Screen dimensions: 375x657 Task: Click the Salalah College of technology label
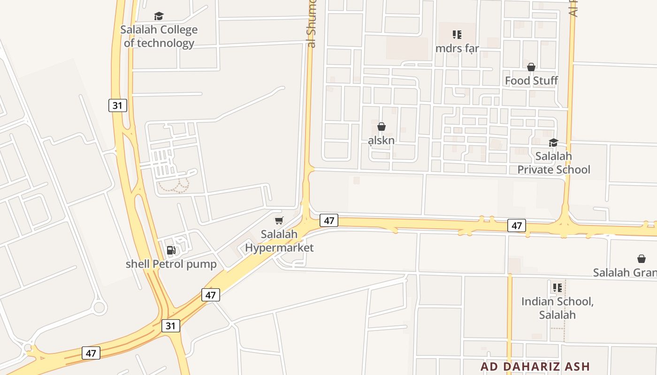[x=159, y=37]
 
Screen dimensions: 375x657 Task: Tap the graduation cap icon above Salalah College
[x=159, y=16]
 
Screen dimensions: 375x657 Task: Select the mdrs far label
[x=457, y=48]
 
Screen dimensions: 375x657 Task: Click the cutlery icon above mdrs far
[x=457, y=34]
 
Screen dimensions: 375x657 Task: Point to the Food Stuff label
[x=531, y=81]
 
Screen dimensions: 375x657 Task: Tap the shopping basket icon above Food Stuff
[x=531, y=67]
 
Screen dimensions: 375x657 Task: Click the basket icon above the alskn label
[x=382, y=127]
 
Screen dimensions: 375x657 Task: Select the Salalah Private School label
[x=554, y=163]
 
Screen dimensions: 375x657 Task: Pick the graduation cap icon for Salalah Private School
[x=554, y=142]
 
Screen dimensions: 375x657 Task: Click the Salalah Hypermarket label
[x=279, y=240]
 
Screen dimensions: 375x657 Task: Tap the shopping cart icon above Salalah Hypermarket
[x=279, y=220]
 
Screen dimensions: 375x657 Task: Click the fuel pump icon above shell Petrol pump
[x=171, y=250]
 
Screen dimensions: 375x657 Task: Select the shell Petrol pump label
[x=171, y=264]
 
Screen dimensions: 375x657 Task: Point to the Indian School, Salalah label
[x=557, y=308]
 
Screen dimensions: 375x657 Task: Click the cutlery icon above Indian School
[x=557, y=287]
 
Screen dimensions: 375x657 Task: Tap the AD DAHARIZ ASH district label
[x=535, y=366]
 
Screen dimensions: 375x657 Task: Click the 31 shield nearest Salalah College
[x=117, y=105]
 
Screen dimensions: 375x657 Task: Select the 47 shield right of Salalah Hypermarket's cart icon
[x=329, y=220]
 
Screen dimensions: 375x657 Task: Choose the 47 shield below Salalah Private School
[x=517, y=225]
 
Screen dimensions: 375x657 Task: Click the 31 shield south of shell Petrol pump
[x=171, y=325]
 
